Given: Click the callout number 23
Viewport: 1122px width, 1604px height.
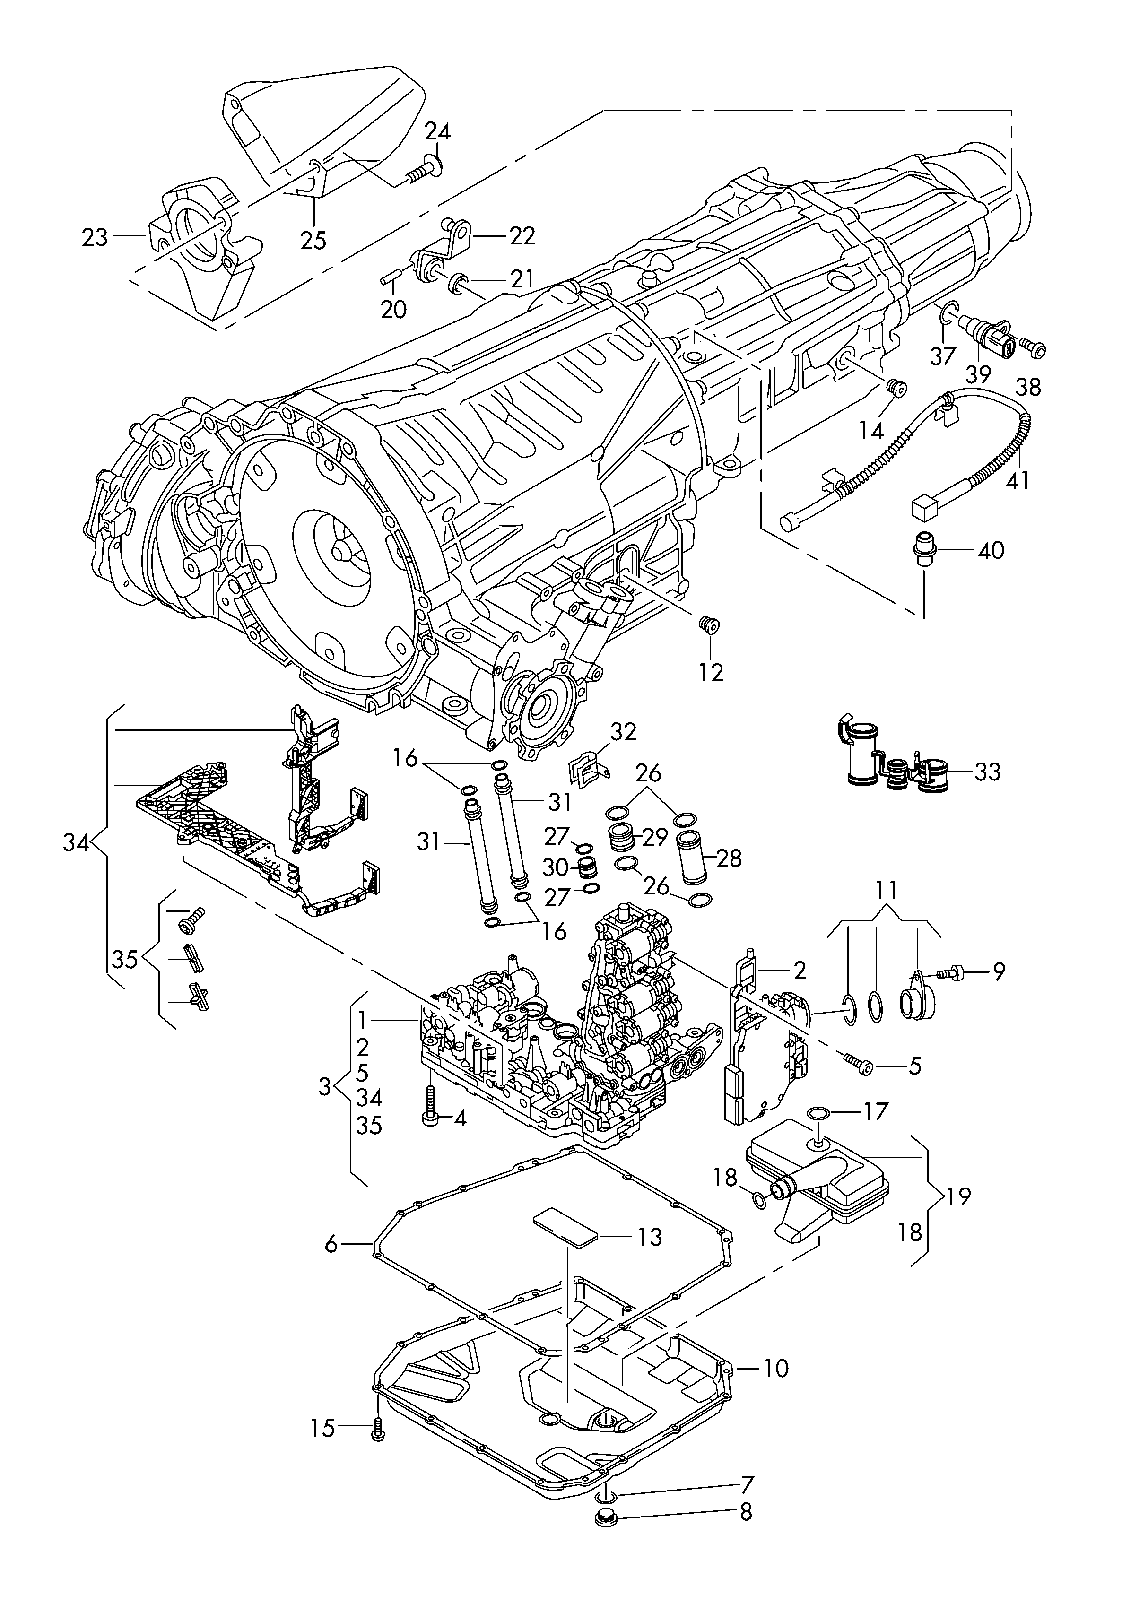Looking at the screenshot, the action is (95, 238).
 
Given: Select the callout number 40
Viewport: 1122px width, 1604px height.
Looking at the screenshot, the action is (990, 550).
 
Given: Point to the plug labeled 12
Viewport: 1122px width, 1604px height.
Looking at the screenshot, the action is (710, 623).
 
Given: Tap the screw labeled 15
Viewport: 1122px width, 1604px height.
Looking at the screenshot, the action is (378, 1427).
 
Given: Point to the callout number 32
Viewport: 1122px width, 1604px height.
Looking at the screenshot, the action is (623, 732).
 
